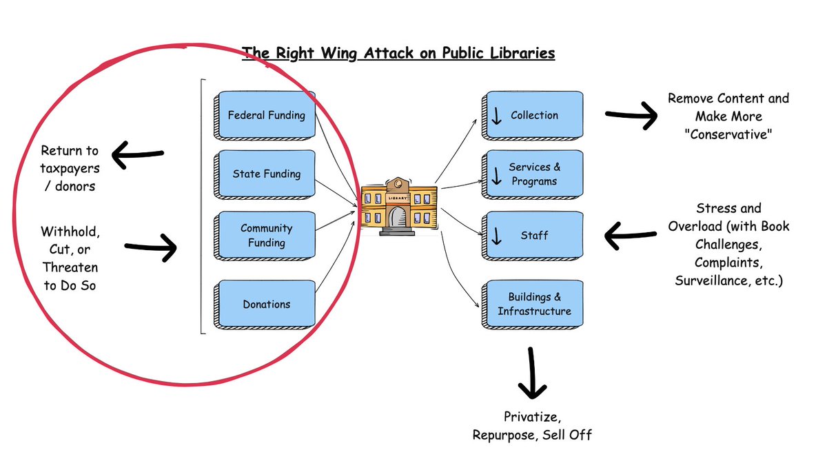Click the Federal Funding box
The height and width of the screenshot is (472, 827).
266,115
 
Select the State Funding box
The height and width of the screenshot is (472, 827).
266,174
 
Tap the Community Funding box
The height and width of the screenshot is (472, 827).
266,235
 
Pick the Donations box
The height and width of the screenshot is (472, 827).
266,304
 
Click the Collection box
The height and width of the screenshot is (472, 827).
533,115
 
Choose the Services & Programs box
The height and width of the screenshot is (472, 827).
533,174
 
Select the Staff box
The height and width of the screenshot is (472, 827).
533,236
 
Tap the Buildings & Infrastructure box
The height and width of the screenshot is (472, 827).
533,304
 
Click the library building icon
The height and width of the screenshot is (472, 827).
399,206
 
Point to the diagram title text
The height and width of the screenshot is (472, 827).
398,53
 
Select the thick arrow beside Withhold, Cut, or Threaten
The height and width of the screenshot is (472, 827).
152,247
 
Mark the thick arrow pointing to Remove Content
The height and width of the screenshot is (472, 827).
631,116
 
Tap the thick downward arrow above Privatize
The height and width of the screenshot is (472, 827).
531,373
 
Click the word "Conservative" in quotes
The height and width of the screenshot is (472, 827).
728,135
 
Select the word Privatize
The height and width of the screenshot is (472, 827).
531,417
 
